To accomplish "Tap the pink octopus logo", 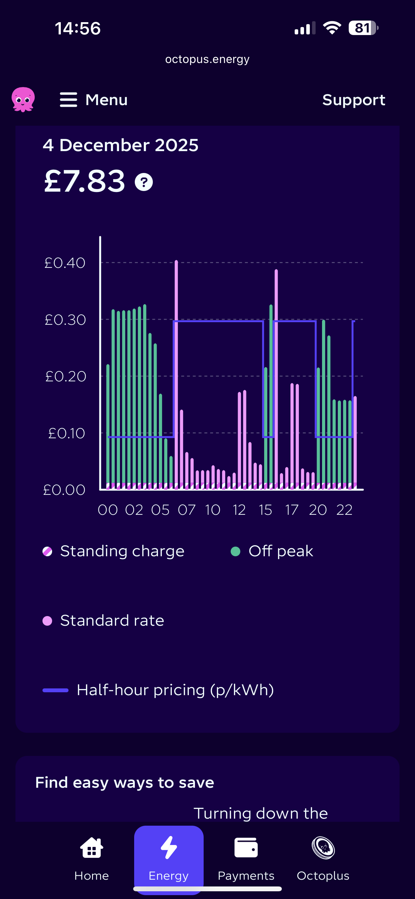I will [x=23, y=99].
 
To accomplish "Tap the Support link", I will [x=354, y=100].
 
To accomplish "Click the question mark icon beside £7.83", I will [x=144, y=182].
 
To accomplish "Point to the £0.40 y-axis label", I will [x=65, y=263].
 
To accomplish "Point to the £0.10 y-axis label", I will [x=66, y=433].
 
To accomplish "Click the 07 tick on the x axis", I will [x=187, y=510].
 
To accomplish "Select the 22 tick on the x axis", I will [x=344, y=510].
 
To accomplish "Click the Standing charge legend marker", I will [x=48, y=551].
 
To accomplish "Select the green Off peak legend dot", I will [x=235, y=551].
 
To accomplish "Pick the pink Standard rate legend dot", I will [x=48, y=621].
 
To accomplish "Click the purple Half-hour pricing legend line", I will [x=56, y=690].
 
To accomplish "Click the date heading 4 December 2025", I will [x=121, y=145].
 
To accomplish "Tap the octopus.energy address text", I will [x=207, y=59].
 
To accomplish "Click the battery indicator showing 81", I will [x=363, y=28].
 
